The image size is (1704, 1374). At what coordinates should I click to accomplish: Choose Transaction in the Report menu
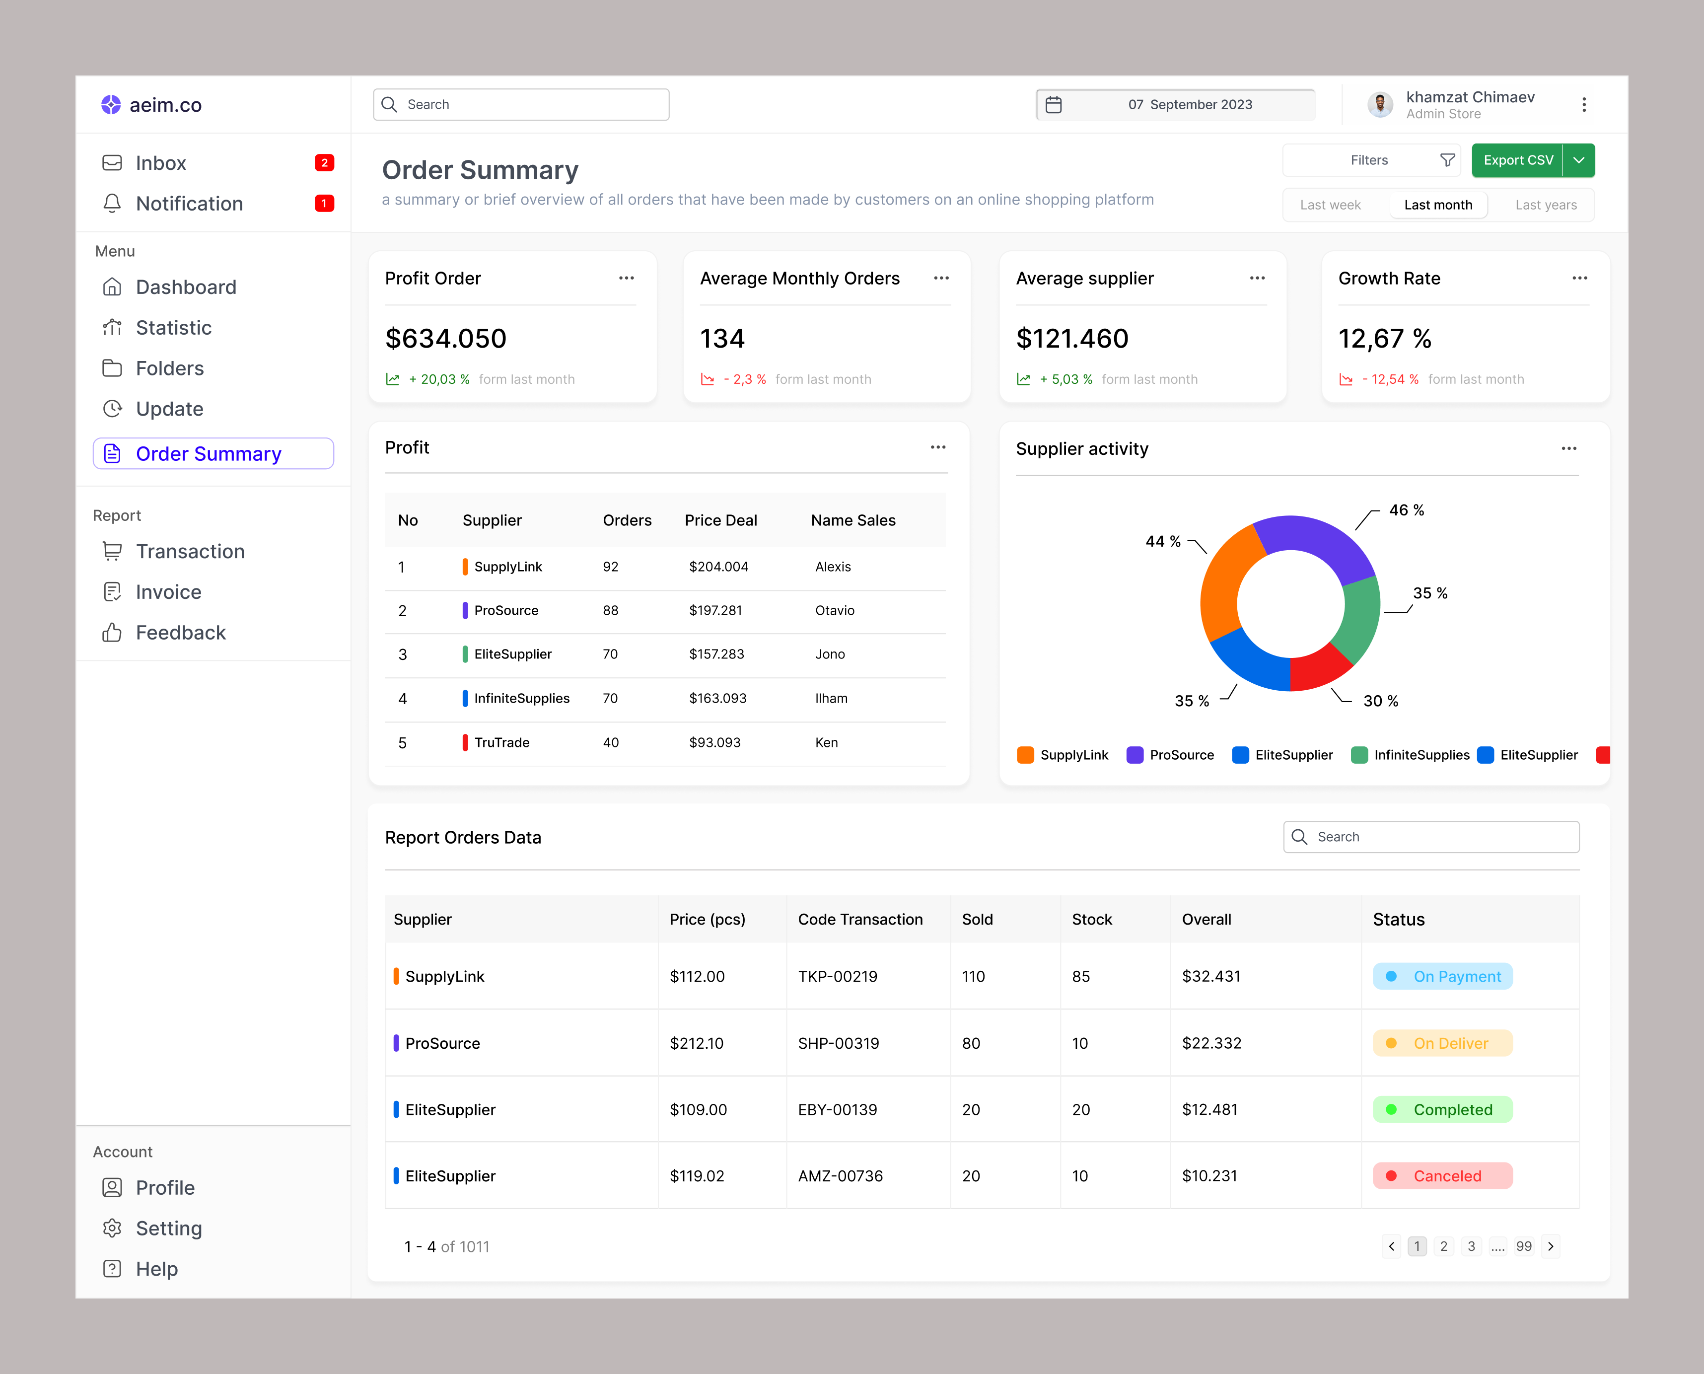pos(190,552)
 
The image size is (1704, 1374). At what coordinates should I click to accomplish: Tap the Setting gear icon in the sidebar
pos(112,1229)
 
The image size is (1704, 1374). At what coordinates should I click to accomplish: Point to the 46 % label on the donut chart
pos(1407,510)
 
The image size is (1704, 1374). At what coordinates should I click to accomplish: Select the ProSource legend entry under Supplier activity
pos(1171,755)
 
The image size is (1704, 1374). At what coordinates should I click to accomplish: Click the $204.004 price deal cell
pos(718,567)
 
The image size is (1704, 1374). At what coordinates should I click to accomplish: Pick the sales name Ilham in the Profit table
pos(831,698)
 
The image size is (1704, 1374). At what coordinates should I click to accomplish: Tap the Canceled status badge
pos(1442,1176)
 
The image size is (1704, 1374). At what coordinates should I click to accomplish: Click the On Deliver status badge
pos(1442,1043)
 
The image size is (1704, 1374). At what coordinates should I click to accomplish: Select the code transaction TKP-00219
pos(838,977)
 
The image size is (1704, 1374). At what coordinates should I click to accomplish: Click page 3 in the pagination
pos(1471,1246)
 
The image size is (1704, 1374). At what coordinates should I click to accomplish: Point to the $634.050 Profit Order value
pos(445,339)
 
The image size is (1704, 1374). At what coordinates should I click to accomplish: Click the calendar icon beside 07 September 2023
pos(1054,104)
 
